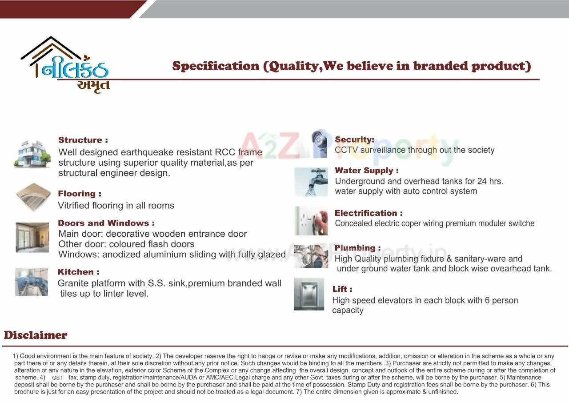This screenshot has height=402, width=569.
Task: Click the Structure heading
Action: (x=83, y=140)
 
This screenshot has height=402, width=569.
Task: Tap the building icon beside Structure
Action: (x=32, y=154)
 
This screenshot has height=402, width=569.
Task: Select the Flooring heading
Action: (x=80, y=194)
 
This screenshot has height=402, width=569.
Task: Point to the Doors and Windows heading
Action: (x=106, y=223)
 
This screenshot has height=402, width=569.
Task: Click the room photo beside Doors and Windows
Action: (x=32, y=237)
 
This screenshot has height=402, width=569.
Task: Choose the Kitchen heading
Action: (x=78, y=272)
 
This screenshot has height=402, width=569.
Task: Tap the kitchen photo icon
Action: (x=32, y=282)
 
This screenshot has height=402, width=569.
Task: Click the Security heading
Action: (x=354, y=140)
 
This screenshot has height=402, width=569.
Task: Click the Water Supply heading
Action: (x=366, y=171)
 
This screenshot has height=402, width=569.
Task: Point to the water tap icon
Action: (x=311, y=182)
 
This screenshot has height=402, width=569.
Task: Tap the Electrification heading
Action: (x=369, y=213)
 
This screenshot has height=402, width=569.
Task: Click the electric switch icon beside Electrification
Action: (x=311, y=221)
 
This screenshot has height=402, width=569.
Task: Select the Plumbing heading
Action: (x=357, y=248)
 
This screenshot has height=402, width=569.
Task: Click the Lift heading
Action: (x=342, y=289)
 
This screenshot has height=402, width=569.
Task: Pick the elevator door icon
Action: (x=309, y=294)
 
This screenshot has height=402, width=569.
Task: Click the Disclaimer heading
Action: (x=36, y=335)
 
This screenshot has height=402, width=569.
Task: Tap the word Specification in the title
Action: (x=216, y=66)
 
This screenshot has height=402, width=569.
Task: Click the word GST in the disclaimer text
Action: (x=57, y=378)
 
